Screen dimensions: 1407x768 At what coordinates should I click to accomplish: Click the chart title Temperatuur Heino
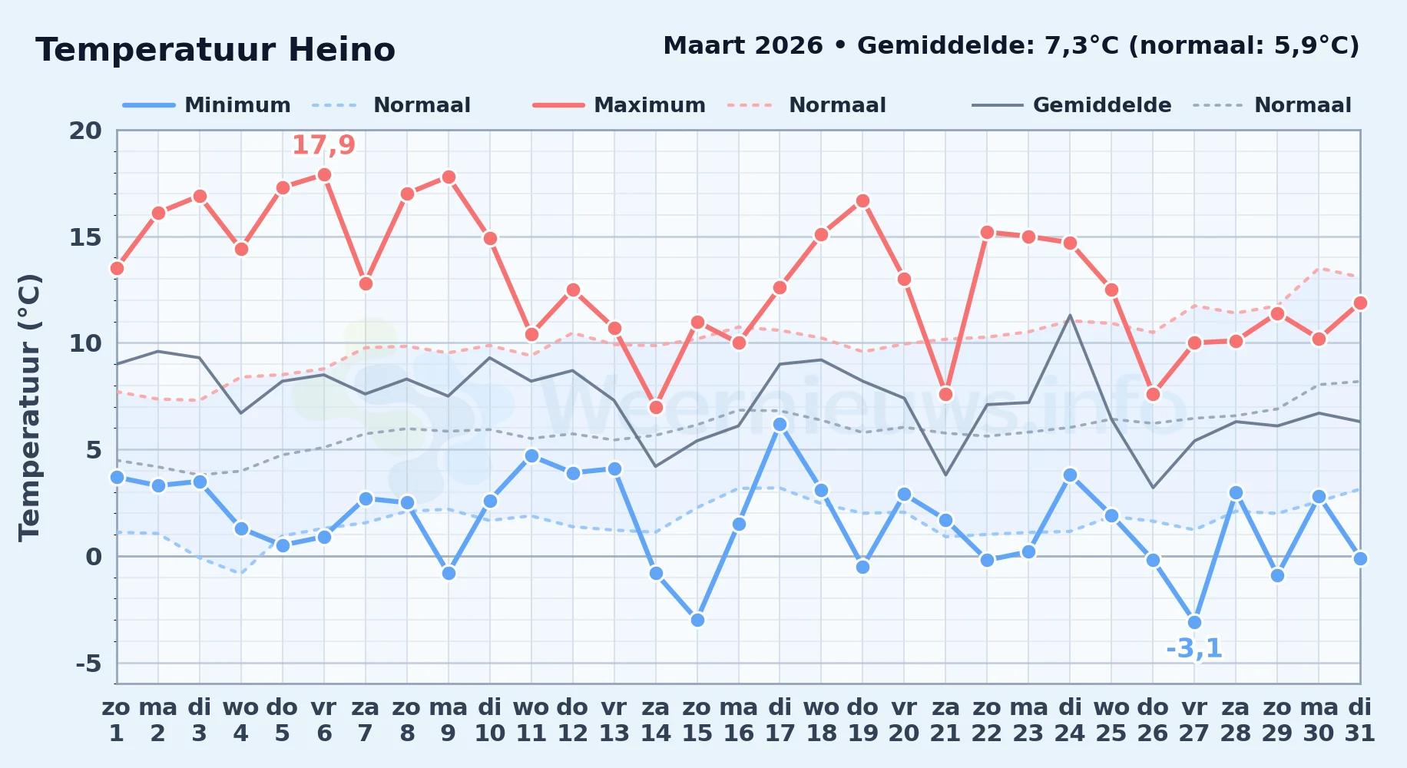coord(215,50)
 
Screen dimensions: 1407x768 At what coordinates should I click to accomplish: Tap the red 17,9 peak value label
coord(323,144)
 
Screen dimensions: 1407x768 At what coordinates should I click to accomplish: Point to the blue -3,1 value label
coord(1193,648)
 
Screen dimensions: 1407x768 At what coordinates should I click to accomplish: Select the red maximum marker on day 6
coord(324,174)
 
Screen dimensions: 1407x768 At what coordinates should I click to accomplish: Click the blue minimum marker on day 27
coord(1194,622)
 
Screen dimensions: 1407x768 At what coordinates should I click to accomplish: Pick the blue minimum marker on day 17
coord(780,424)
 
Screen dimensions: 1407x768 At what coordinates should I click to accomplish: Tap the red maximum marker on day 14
coord(656,407)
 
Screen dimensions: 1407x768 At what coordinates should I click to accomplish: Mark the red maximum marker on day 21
coord(945,394)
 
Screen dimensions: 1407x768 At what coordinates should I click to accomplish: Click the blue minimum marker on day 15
coord(697,620)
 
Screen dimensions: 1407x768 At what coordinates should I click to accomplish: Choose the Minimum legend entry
coord(207,105)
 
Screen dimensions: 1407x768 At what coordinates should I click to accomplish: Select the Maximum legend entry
coord(619,105)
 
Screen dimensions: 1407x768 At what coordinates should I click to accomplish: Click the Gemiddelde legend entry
coord(1071,105)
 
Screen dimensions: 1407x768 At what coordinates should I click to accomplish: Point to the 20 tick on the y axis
coord(85,131)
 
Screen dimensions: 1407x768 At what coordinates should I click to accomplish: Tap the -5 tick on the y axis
coord(88,663)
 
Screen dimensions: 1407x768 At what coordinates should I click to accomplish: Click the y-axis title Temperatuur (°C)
coord(29,407)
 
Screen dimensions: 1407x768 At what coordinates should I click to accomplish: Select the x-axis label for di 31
coord(1359,720)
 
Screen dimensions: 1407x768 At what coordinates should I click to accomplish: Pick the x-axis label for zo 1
coord(117,720)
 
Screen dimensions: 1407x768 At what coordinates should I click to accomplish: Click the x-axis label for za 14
coord(656,720)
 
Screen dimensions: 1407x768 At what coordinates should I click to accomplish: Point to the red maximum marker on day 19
coord(862,200)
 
